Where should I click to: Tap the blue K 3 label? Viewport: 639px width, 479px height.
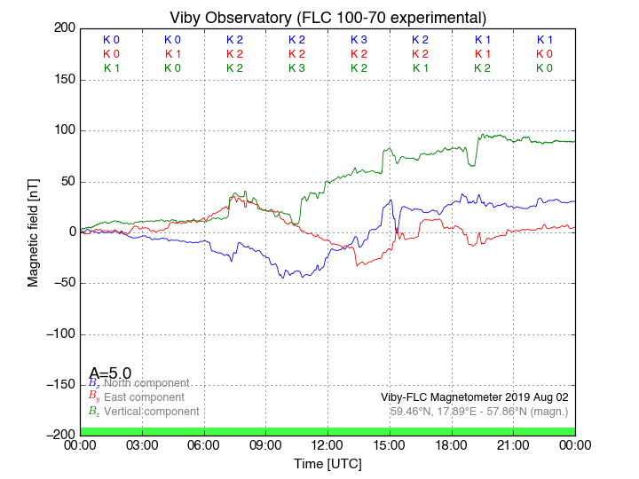(x=359, y=40)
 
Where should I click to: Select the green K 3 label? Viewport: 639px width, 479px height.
(x=296, y=67)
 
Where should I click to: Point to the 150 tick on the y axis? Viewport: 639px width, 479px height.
(x=65, y=80)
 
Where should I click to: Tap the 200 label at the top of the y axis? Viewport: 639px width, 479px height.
(x=65, y=28)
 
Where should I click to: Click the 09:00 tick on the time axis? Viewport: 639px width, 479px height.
(x=265, y=444)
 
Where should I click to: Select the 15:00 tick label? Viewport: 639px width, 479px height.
(x=390, y=444)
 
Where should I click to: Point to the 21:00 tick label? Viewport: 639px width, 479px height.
(x=514, y=444)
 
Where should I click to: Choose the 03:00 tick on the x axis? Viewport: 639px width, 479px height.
(x=142, y=444)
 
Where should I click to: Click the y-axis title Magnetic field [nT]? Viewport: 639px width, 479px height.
(x=33, y=232)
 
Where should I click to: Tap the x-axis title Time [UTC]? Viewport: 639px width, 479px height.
(x=327, y=463)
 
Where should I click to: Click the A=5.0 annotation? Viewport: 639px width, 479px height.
(x=110, y=373)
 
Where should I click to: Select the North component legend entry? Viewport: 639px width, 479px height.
(x=146, y=383)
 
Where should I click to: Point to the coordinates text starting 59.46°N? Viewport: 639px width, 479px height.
(x=479, y=412)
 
